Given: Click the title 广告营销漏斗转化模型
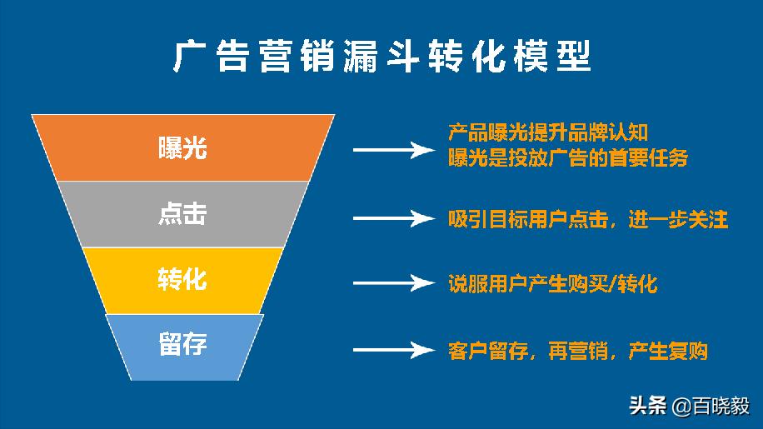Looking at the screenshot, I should [x=381, y=57].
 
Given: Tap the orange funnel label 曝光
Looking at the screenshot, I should [x=182, y=147].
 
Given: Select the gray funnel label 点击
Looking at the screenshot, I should [x=182, y=214].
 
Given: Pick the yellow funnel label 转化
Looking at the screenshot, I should [x=182, y=279].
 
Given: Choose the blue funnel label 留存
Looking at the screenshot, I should [x=182, y=344].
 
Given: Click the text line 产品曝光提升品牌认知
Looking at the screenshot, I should [x=547, y=132].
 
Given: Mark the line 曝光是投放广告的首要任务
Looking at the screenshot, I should [x=567, y=157].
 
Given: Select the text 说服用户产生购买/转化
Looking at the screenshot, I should [x=552, y=284].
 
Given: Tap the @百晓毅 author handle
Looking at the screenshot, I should [x=711, y=406].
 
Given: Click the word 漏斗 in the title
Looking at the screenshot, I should [x=378, y=57].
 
